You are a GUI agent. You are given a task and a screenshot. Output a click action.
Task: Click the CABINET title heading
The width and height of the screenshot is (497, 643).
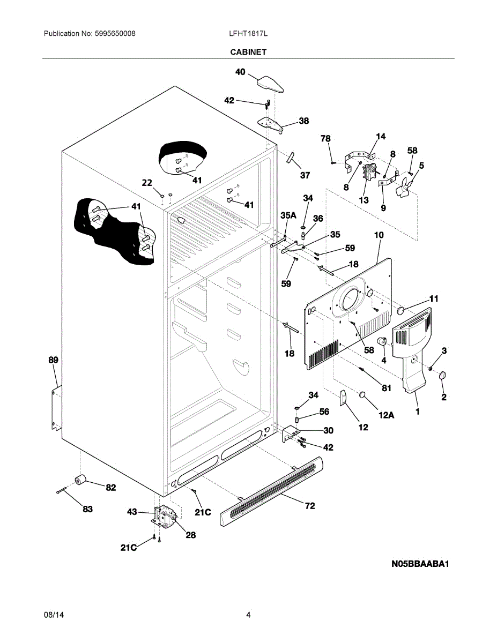pos(248,52)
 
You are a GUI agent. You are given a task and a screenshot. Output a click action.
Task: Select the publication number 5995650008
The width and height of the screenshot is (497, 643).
pos(115,34)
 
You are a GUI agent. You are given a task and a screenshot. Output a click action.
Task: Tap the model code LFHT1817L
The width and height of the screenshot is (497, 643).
pos(248,34)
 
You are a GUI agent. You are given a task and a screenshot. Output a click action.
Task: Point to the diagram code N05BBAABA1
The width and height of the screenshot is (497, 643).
pos(420,564)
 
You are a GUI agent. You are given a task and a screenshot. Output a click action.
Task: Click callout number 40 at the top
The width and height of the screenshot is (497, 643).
pos(240,72)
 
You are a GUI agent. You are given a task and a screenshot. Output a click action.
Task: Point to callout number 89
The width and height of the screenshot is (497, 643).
pos(54,360)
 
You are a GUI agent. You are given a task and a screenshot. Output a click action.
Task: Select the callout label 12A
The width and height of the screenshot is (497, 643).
pos(387,415)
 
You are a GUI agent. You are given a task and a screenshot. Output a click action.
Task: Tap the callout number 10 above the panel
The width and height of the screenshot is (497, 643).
pos(379,235)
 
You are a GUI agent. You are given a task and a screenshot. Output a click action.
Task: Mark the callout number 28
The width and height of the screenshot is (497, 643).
pos(191,535)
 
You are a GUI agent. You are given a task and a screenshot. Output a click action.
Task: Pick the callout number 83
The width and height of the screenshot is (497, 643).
pos(87,509)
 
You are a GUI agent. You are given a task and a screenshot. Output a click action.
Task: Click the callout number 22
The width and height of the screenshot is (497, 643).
pos(147,183)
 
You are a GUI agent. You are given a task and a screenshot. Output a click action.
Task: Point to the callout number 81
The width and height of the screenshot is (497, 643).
pos(387,388)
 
